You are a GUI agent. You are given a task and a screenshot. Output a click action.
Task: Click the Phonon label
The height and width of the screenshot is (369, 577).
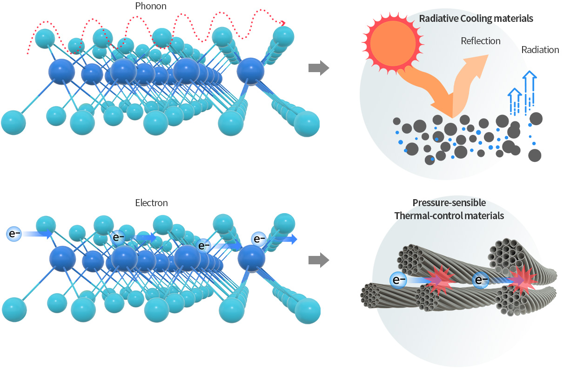tap(151, 7)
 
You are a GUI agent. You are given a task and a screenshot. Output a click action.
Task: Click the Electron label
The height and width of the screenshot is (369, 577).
tap(151, 203)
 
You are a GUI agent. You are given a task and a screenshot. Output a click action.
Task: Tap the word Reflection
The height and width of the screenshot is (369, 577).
tap(480, 41)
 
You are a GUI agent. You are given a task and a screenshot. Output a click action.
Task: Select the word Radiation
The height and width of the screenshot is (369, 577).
tap(540, 50)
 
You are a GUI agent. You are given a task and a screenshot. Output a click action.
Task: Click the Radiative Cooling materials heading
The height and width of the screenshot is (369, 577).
tap(476, 19)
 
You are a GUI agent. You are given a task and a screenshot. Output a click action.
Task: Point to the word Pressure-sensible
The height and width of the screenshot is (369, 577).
tap(449, 203)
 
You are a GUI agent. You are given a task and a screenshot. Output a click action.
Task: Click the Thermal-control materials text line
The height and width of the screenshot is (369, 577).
tap(449, 216)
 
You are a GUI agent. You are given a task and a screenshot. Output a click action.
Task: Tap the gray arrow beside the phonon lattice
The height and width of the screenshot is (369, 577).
tap(319, 69)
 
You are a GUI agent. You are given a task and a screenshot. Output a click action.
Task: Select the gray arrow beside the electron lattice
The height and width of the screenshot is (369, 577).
tap(319, 261)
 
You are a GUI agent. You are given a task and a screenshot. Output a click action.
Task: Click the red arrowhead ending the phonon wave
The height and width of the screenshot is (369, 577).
tap(282, 23)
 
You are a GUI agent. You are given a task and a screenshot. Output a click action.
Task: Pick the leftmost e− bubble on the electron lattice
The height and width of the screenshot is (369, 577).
tap(14, 233)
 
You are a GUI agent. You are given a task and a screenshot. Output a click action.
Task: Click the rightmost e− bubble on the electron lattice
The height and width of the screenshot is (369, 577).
tap(258, 239)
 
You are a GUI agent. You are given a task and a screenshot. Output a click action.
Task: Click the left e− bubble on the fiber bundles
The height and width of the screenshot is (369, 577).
tap(399, 280)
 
